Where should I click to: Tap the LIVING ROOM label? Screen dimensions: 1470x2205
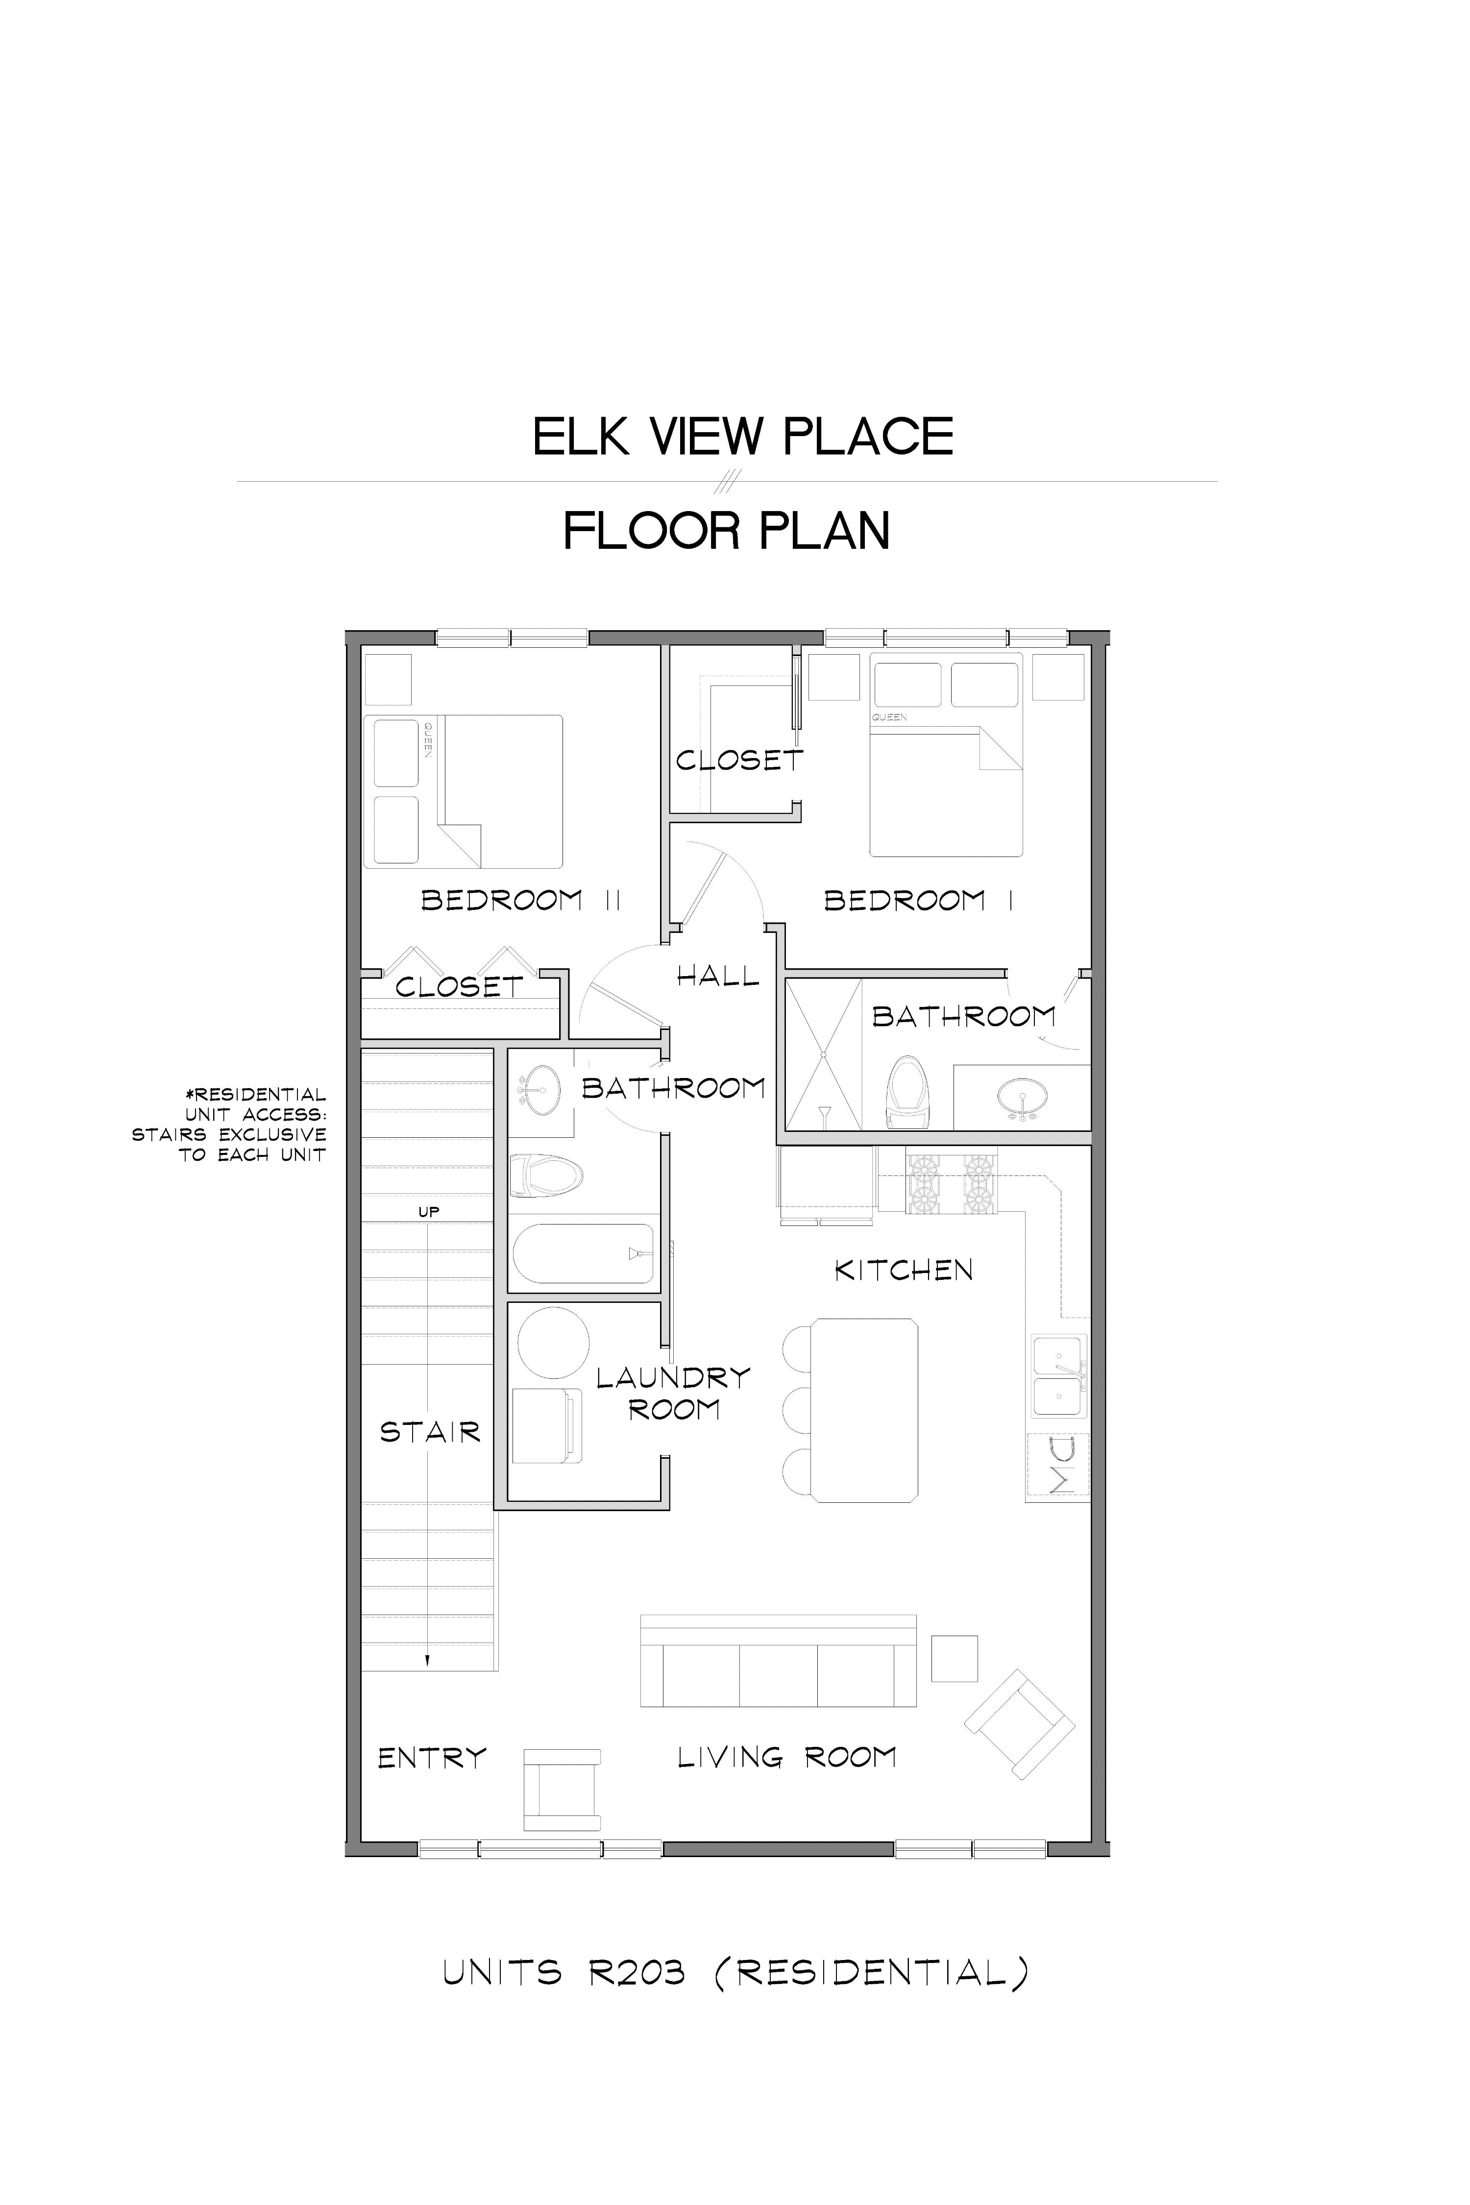coord(786,1757)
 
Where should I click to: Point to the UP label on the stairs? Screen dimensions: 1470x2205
coord(428,1211)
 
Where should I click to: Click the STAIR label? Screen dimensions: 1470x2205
coord(430,1432)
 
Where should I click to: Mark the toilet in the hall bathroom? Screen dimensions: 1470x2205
coord(546,1175)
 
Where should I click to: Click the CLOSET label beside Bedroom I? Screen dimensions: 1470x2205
coord(740,760)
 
